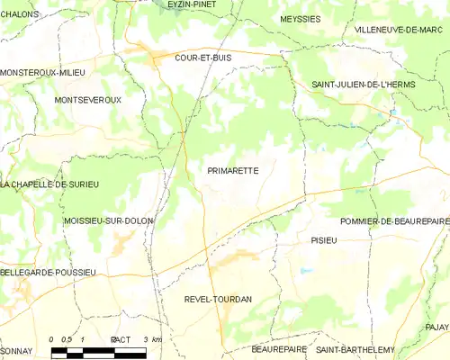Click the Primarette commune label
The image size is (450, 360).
pos(233,168)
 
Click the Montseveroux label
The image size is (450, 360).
pos(87,100)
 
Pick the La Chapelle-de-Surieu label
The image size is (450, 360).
pos(49,184)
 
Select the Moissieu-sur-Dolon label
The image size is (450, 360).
pos(108,220)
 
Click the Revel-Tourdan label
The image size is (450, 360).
pos(218,298)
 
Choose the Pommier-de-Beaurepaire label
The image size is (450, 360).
pos(394,220)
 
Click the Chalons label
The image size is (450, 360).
pos(19,14)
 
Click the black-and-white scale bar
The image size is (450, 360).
pos(99,348)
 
